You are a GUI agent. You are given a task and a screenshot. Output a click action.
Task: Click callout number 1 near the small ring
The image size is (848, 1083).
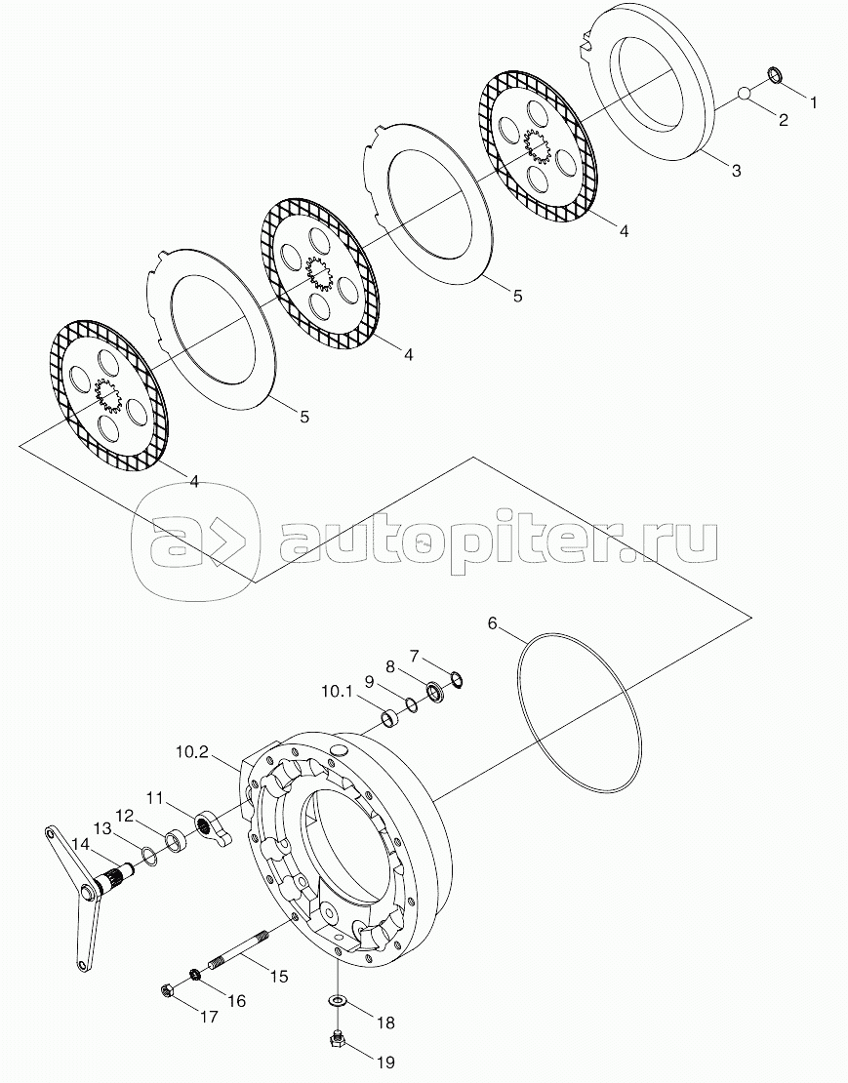point(814,101)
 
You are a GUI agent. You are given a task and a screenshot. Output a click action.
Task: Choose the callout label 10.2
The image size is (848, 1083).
point(191,752)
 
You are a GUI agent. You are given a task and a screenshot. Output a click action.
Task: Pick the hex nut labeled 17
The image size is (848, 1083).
point(167,992)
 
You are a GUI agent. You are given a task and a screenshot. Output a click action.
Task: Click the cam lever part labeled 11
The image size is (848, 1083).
point(209,820)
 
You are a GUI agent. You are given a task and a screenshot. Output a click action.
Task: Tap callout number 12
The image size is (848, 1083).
point(125,815)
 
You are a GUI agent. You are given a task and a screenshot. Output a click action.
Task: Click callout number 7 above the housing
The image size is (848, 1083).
point(414,655)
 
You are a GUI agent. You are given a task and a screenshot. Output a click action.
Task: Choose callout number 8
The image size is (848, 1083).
point(390,667)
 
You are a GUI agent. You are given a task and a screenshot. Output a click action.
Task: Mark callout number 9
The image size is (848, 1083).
point(371,680)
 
